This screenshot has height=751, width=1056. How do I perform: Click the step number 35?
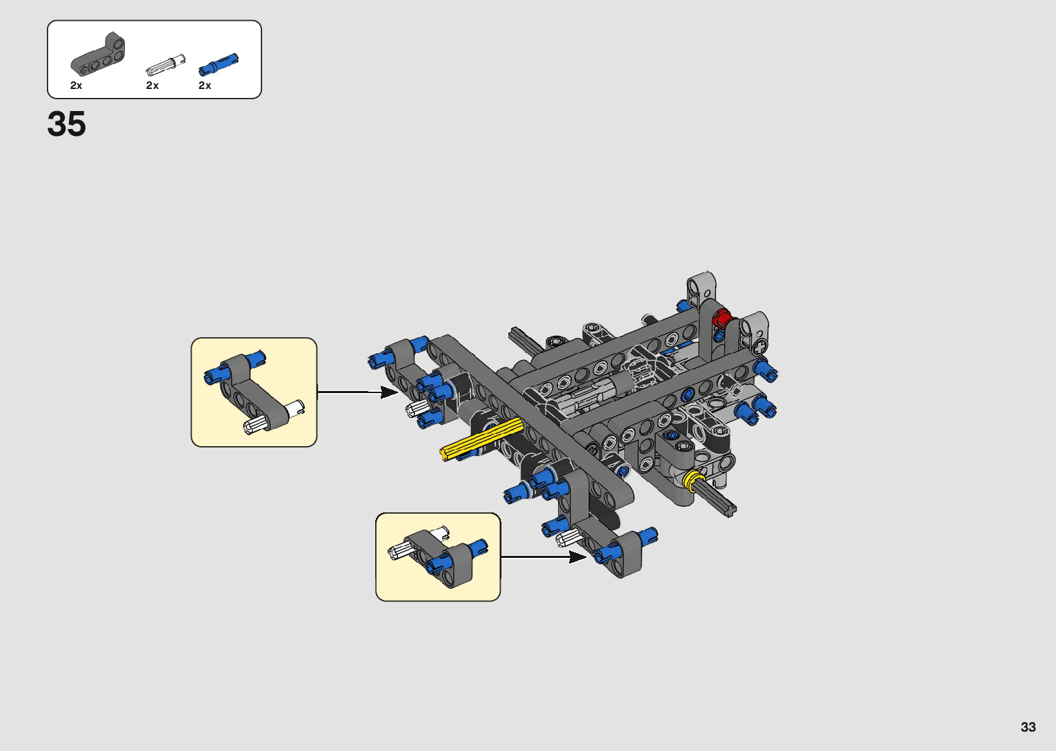(67, 125)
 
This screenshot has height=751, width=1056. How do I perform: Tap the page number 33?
(1028, 727)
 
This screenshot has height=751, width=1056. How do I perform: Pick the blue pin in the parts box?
(218, 64)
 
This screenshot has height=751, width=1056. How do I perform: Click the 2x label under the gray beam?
(76, 86)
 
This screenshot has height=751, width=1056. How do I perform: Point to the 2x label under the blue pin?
(205, 86)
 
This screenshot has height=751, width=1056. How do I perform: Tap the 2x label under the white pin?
(152, 86)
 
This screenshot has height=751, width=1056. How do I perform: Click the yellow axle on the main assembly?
(481, 439)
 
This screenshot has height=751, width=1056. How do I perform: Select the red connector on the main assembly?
(721, 318)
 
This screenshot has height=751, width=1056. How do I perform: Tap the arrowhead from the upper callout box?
(390, 392)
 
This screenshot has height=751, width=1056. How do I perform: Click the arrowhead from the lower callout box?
(578, 557)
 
